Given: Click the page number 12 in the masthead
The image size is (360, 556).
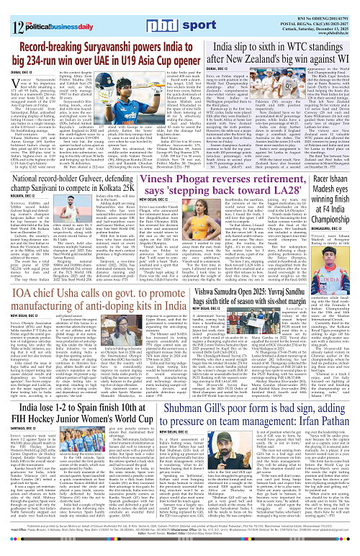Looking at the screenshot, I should [x=9, y=11].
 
